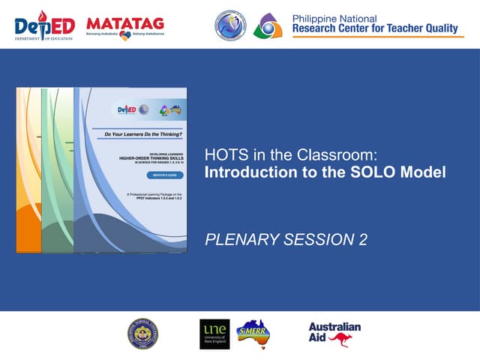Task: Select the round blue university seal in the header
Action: [230, 26]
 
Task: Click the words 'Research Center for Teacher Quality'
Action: [374, 29]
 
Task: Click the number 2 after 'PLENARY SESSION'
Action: [363, 240]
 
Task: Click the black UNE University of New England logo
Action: [214, 334]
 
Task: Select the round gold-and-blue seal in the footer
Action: [142, 334]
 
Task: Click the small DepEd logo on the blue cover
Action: [124, 109]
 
